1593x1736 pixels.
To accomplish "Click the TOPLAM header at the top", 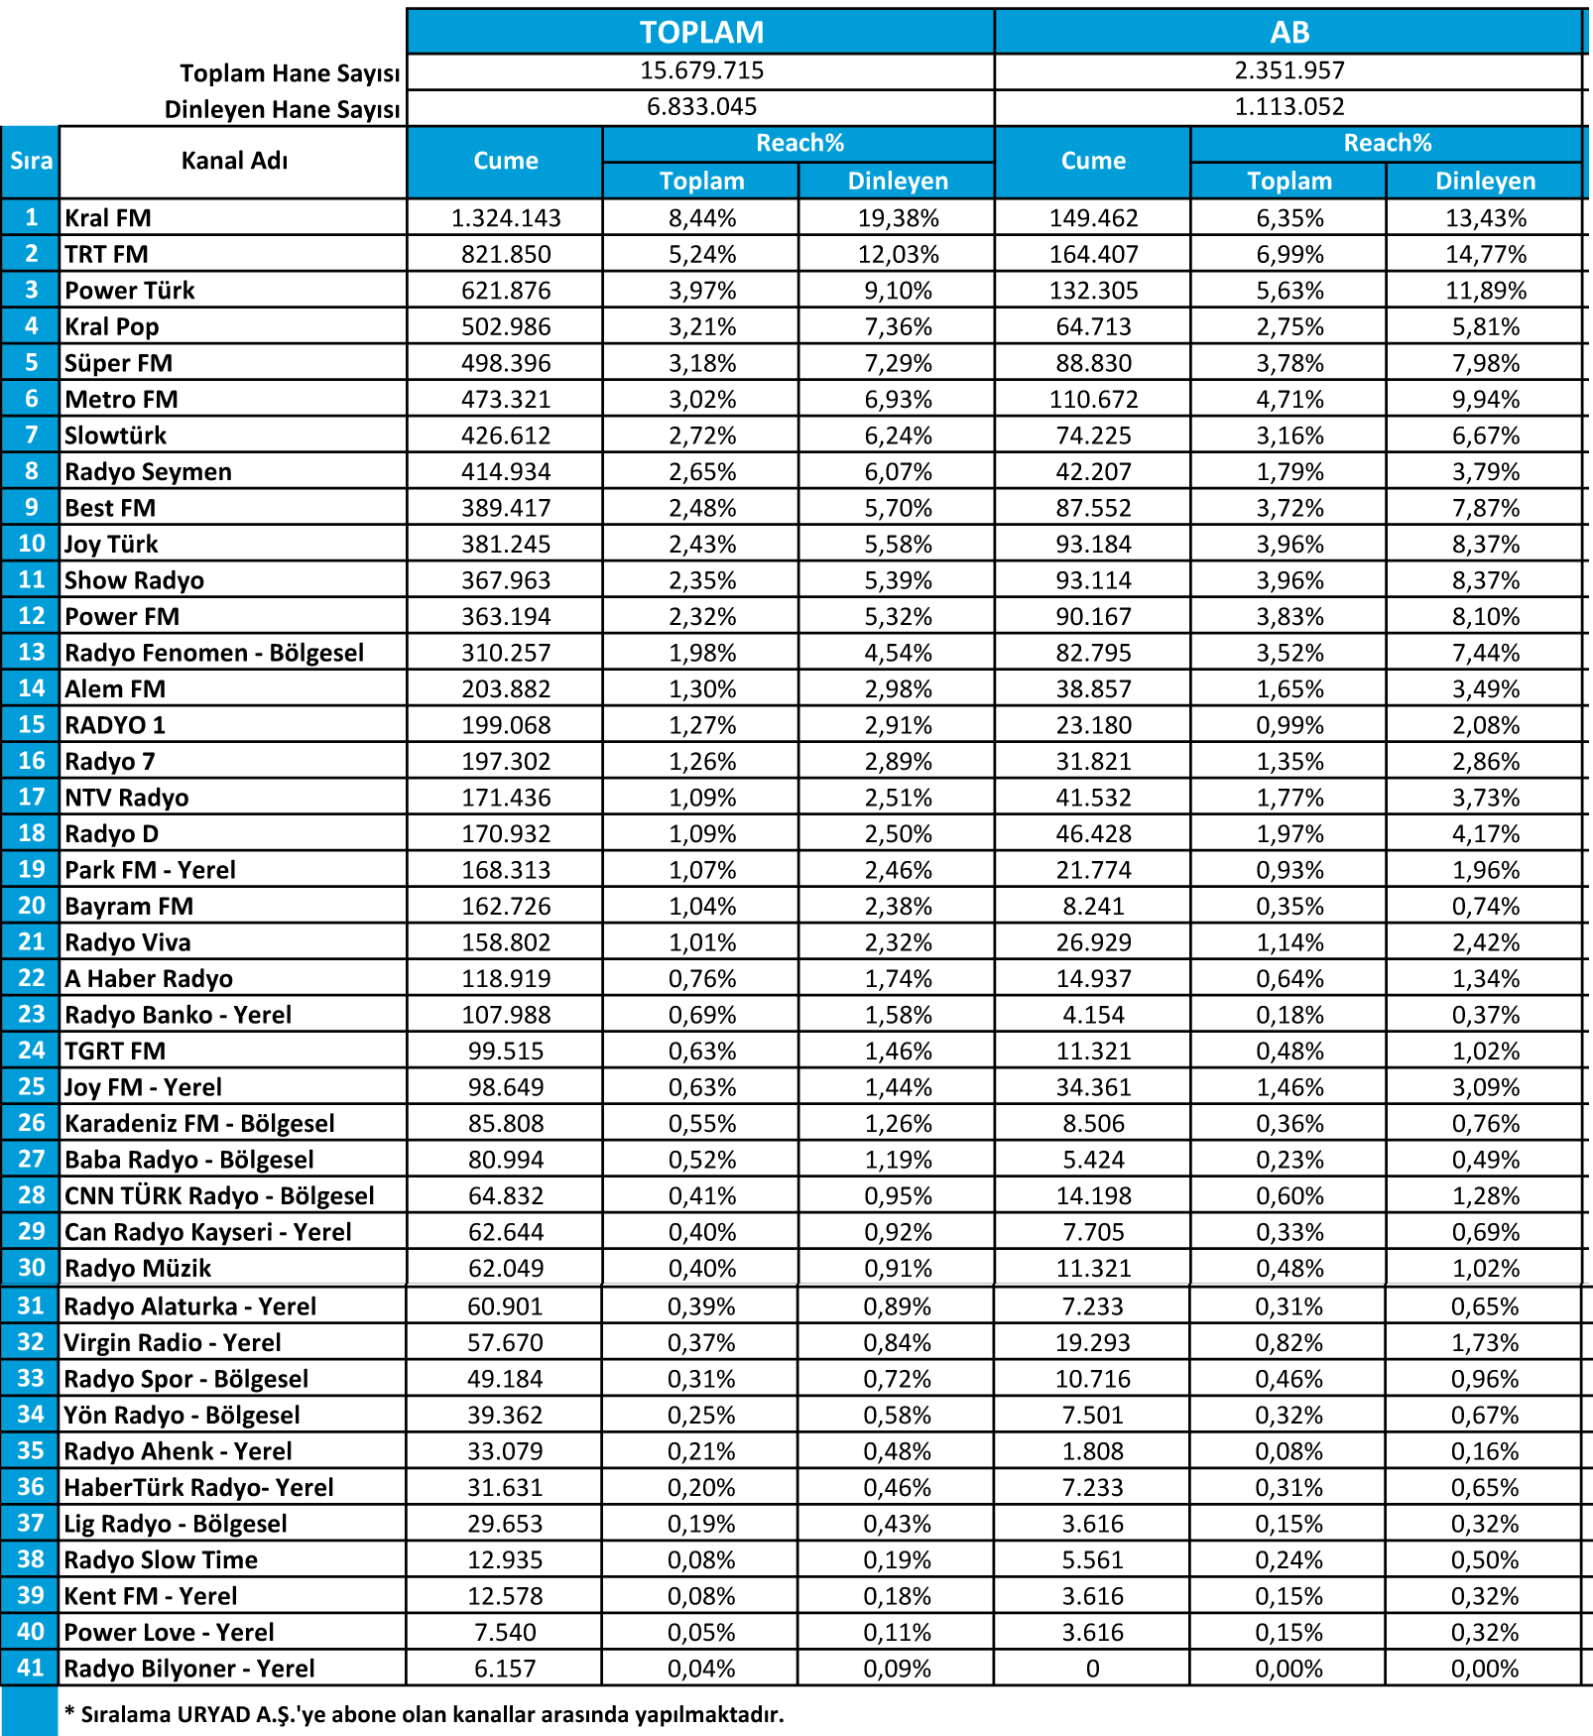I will [701, 32].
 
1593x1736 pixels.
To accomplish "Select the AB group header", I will [1289, 32].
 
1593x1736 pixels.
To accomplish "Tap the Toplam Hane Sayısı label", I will [290, 73].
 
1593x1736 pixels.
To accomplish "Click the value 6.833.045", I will [701, 107].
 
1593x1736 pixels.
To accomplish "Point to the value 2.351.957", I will [1289, 70].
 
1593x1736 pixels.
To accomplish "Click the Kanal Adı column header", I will [234, 161].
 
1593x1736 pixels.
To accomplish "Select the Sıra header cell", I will [31, 161].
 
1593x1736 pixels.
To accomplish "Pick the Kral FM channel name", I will [108, 218].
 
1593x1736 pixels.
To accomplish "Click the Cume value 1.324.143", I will [506, 218].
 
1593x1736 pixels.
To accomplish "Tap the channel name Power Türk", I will [130, 291].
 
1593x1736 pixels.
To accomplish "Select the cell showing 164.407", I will [1093, 255].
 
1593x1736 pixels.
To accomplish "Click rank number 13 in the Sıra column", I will [32, 653].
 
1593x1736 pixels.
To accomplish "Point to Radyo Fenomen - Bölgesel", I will [214, 653].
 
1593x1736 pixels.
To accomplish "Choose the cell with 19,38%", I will [898, 218].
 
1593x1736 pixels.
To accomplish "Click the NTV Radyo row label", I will [126, 798].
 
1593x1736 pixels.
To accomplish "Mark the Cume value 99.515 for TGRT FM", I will [506, 1052].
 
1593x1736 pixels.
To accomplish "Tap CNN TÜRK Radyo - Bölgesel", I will [219, 1196].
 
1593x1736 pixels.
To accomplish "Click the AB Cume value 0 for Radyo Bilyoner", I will [1093, 1669].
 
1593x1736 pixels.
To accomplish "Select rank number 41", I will [31, 1668].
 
